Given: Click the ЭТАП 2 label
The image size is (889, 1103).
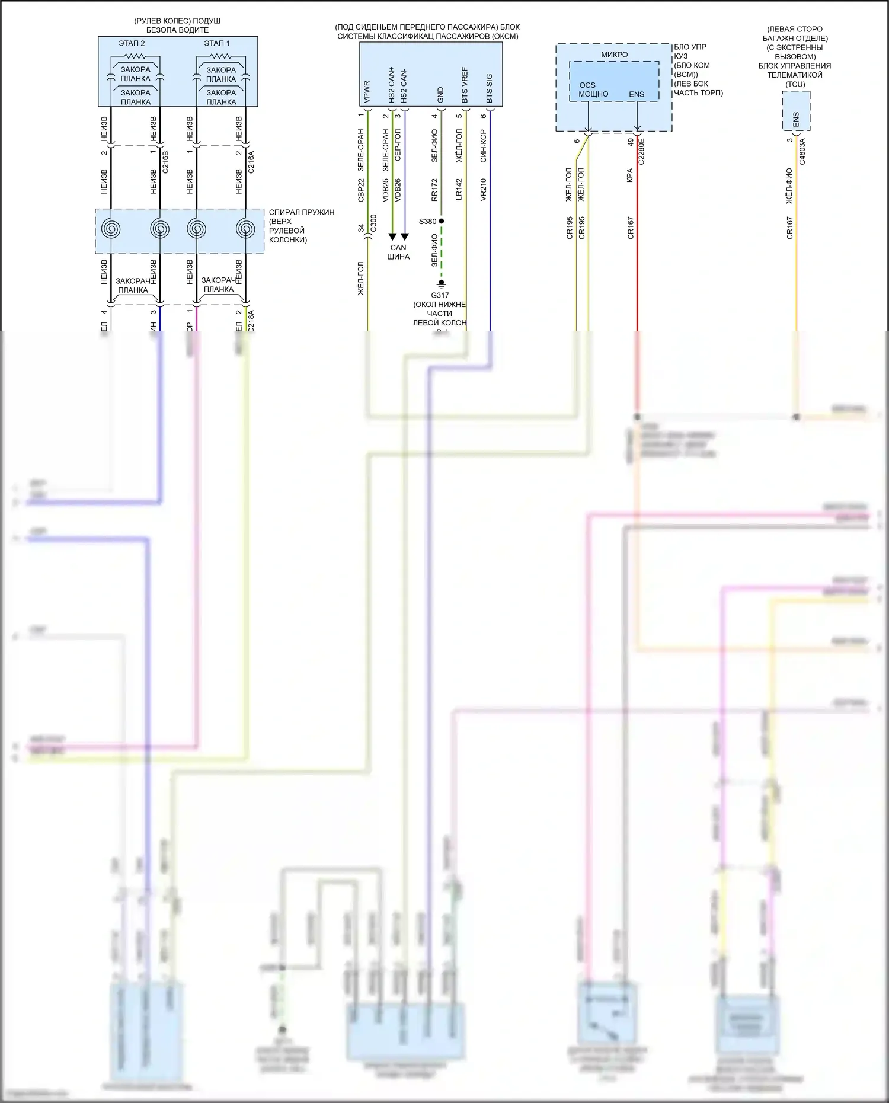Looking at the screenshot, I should [132, 43].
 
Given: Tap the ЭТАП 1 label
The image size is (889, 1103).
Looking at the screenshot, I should [217, 43].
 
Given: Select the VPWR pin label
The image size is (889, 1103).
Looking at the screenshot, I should [367, 92].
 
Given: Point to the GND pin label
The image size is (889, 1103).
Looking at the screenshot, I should [440, 95].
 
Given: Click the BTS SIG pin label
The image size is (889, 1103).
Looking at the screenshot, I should [490, 88].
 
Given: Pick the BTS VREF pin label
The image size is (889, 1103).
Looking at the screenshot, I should [465, 85].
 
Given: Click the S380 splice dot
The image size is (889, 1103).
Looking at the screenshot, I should [441, 221].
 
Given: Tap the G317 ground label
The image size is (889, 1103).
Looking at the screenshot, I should [440, 295].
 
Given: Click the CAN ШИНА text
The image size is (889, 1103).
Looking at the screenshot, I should [398, 252].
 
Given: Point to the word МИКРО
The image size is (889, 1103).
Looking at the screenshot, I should [614, 55].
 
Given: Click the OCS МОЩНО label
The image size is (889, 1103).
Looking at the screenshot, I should [593, 89].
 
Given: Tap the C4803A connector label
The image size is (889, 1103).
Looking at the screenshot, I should [802, 151].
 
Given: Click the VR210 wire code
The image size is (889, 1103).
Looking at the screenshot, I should [483, 190].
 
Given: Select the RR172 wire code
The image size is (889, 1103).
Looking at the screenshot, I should [434, 190].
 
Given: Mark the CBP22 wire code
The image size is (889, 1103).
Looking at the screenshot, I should [361, 190].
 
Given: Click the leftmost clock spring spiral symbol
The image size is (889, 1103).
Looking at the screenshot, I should [111, 229].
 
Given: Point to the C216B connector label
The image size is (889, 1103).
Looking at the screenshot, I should [165, 161].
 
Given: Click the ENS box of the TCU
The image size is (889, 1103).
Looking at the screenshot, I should [796, 119].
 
